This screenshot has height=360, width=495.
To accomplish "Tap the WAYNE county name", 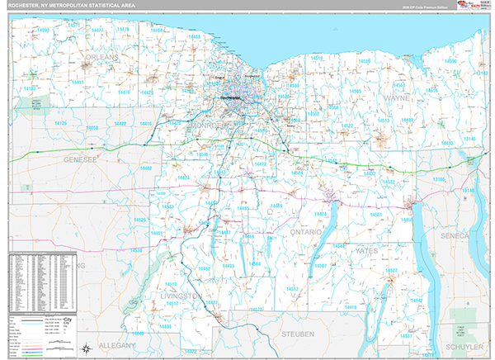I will tap(397, 97).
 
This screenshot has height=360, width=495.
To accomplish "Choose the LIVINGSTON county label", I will tap(182, 295).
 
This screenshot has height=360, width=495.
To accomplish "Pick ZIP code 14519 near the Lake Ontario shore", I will tap(317, 59).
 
